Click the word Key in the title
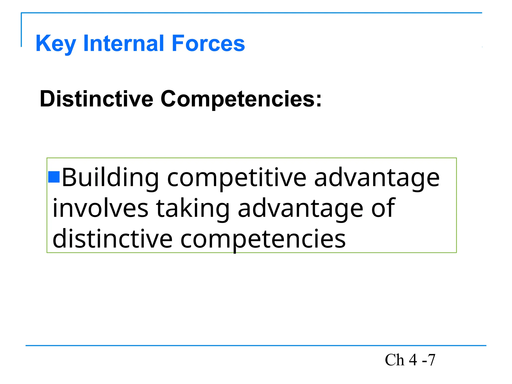pyautogui.click(x=55, y=44)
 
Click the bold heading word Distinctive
pyautogui.click(x=96, y=99)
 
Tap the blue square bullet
pyautogui.click(x=54, y=177)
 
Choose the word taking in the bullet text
pyautogui.click(x=193, y=208)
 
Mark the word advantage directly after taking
pyautogui.click(x=300, y=208)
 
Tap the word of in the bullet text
pyautogui.click(x=383, y=208)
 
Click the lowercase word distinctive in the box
pyautogui.click(x=112, y=239)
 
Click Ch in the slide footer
pyautogui.click(x=394, y=360)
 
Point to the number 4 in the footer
pyautogui.click(x=413, y=360)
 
